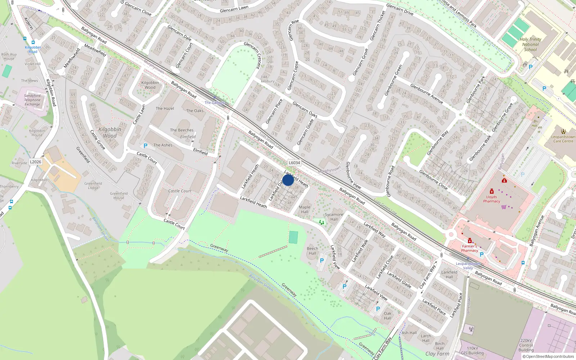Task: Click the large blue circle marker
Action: pos(288,180)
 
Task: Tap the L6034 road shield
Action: pos(294,163)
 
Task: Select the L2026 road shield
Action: pos(35,162)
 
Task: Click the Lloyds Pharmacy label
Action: pos(492,199)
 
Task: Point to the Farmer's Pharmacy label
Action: pos(470,248)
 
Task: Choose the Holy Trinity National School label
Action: pos(530,44)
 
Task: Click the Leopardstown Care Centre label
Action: pos(563,139)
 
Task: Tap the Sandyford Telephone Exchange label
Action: pos(32,100)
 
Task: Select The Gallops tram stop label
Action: pos(215,103)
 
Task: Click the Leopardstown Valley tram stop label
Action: pos(468,266)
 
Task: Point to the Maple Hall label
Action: pos(305,209)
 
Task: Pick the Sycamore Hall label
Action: pos(334,217)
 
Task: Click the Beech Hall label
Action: pos(312,251)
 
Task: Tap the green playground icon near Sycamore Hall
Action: pos(321,222)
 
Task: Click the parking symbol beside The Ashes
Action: pos(145,146)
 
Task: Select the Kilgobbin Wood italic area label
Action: pos(110,132)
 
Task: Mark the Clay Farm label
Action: pos(437,354)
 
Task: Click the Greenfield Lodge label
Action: pos(93,185)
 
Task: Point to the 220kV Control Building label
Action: pos(526,345)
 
